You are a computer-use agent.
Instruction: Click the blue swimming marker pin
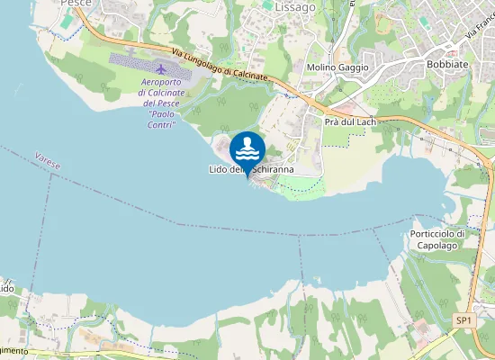(247, 148)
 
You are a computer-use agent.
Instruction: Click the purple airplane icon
(161, 69)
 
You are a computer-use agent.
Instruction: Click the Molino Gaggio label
(333, 67)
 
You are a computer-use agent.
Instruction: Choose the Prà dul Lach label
(350, 121)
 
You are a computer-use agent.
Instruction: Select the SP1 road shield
(463, 320)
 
